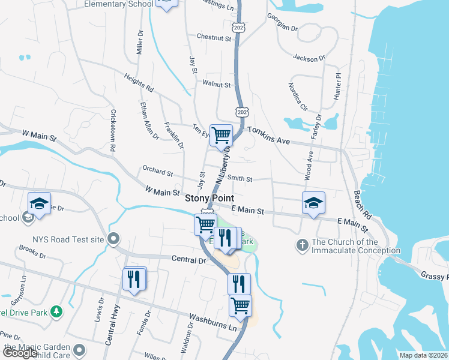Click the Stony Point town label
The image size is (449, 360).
click(209, 198)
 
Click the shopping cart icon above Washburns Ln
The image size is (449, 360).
click(240, 305)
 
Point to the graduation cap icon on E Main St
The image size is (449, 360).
click(313, 203)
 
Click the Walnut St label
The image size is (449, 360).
click(217, 85)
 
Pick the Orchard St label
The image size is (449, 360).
click(158, 172)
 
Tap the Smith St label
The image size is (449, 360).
click(240, 179)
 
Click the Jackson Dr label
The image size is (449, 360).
click(309, 58)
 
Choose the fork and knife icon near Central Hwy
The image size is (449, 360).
click(134, 279)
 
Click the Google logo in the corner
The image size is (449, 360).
click(20, 353)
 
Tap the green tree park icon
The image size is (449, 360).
click(56, 311)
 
